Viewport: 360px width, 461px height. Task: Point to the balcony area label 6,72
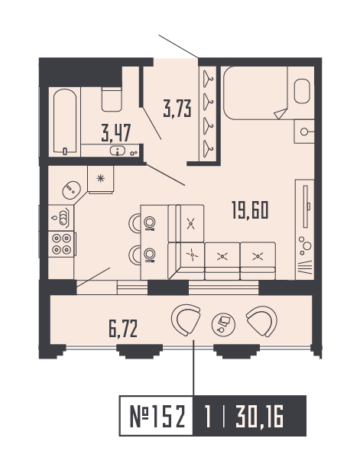(x=125, y=330)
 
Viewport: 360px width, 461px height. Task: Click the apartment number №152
(x=155, y=417)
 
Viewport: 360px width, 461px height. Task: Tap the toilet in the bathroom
(x=112, y=98)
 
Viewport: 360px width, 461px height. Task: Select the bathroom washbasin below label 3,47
(x=119, y=151)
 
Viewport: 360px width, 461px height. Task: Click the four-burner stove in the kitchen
(x=62, y=243)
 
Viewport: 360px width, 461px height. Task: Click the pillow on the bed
(x=300, y=93)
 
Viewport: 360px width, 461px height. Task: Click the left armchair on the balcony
(x=186, y=321)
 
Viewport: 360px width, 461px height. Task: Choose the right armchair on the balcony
(x=261, y=321)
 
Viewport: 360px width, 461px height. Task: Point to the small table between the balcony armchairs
(x=223, y=323)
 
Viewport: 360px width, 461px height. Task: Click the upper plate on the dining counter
(x=151, y=222)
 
